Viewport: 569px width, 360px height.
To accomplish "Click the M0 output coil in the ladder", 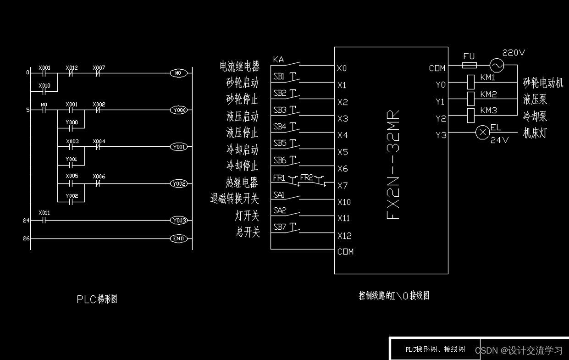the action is point(179,73).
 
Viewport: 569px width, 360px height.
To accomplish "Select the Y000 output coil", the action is point(179,110).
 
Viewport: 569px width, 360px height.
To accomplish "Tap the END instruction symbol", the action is point(179,238).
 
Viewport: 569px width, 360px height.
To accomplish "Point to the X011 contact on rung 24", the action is point(44,220).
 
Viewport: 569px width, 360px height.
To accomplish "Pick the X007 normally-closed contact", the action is point(98,73).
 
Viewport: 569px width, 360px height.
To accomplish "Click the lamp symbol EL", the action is point(482,133).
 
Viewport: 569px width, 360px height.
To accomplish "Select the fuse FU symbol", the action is point(469,66).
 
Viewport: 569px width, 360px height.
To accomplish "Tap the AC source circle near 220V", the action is point(497,66).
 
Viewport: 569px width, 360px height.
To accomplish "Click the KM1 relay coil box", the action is point(470,83).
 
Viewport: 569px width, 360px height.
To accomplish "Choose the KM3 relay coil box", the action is point(470,116).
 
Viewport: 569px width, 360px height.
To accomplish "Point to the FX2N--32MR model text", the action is point(393,165).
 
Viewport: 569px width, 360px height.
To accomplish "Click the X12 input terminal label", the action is point(344,236).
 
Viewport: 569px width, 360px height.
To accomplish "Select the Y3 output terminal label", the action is point(440,135).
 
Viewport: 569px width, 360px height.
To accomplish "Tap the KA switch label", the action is point(278,60).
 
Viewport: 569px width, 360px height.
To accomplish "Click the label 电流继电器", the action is point(239,66).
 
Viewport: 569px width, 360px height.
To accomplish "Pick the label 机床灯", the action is point(535,133).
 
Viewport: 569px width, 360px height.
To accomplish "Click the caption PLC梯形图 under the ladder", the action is point(97,299).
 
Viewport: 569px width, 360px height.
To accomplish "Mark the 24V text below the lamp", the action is point(499,140).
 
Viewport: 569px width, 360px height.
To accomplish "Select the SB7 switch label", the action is point(279,227).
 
